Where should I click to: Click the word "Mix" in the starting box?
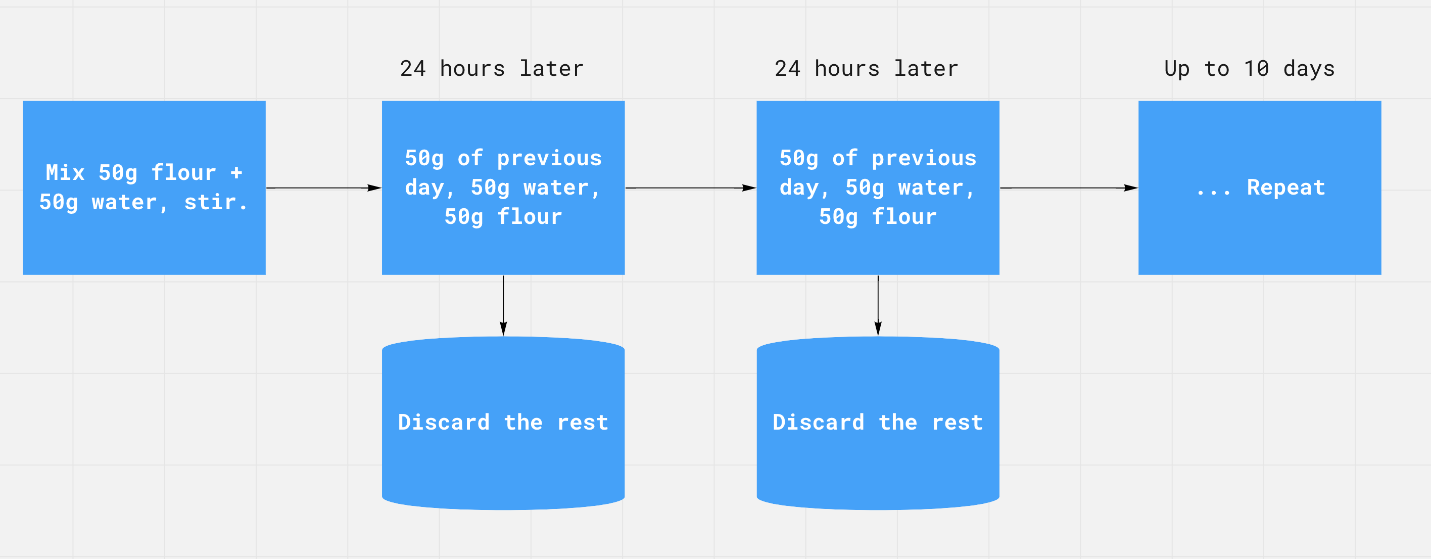65,172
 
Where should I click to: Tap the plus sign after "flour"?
236,173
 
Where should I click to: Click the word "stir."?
216,202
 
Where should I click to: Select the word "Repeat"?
1286,188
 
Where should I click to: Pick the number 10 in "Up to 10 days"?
1256,69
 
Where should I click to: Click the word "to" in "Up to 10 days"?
1217,69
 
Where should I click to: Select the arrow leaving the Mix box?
324,188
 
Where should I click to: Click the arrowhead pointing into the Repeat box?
1131,188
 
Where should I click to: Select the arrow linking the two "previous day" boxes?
691,188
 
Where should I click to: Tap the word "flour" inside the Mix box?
183,172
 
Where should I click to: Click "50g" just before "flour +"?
118,173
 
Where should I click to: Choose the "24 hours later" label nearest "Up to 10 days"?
867,69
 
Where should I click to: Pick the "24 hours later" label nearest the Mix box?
492,69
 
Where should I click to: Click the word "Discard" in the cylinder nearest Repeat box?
819,423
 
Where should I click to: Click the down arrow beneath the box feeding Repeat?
878,306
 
